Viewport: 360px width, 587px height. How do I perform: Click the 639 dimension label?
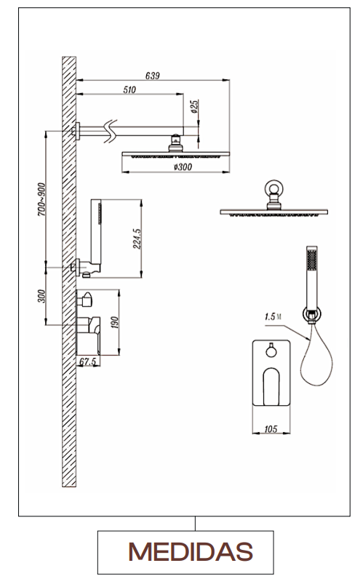point(152,76)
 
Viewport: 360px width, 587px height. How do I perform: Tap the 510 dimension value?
point(129,90)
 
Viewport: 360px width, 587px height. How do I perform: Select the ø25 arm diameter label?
point(194,106)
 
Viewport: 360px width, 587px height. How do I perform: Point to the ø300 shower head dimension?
point(183,167)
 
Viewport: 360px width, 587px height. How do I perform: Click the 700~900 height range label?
point(41,199)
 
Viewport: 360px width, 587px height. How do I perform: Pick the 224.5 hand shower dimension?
point(137,239)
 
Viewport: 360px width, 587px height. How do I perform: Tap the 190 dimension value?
point(114,322)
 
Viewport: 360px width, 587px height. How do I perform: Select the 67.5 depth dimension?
point(88,362)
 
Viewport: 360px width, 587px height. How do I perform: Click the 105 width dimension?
point(271,429)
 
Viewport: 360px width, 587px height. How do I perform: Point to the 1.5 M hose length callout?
point(273,316)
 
